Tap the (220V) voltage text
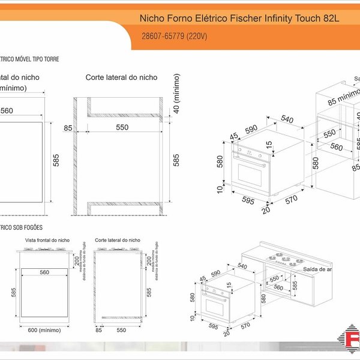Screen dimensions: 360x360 196,37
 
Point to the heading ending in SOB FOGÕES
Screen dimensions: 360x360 24,227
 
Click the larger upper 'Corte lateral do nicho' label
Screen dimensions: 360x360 121,77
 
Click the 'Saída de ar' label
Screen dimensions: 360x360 317,269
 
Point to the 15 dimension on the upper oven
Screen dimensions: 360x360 269,145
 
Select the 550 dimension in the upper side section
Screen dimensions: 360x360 122,127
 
